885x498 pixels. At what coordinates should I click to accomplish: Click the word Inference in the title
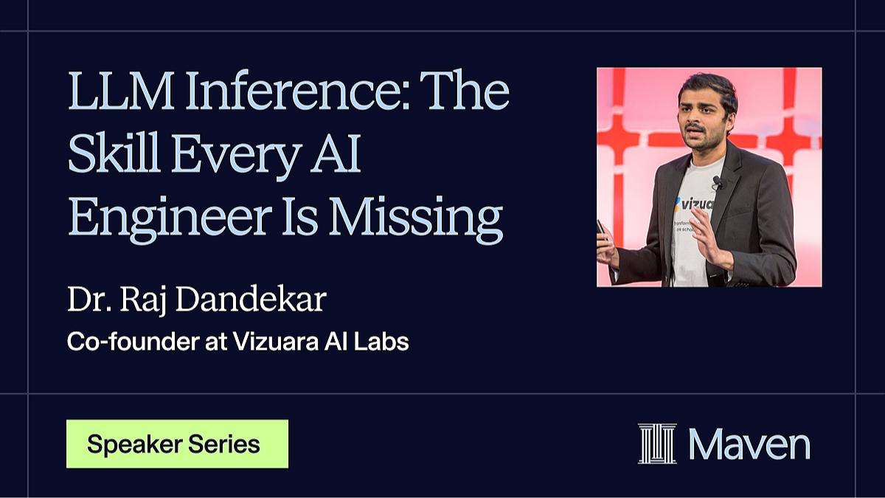coord(297,91)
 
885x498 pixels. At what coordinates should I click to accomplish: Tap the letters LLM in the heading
coord(121,91)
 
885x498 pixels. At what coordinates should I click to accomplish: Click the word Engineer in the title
coord(170,220)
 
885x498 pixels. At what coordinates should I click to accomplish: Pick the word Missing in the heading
coord(416,220)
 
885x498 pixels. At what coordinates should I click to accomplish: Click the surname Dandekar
coord(251,300)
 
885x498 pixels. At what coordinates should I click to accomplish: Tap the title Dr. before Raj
coord(89,300)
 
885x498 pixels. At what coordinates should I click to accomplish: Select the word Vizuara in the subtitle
coord(275,342)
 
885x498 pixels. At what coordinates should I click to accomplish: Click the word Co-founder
coord(133,342)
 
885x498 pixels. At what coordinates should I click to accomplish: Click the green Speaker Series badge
coord(178,444)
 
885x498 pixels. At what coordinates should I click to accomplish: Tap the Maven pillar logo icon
coord(657,443)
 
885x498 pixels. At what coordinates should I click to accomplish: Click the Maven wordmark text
coord(749,445)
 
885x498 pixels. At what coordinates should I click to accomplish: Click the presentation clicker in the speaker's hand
coord(601,230)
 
